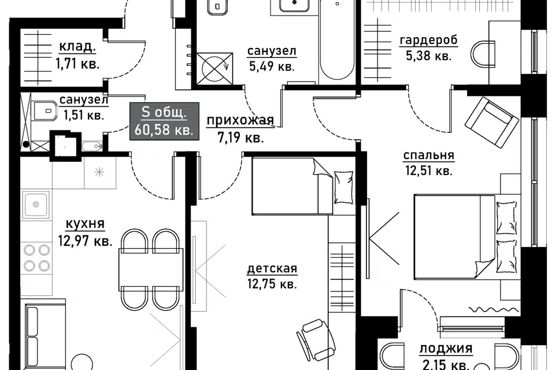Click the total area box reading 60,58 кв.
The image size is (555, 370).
tap(164, 121)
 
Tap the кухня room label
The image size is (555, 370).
tap(86, 224)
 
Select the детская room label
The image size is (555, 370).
tap(272, 268)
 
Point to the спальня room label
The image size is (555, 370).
tap(428, 155)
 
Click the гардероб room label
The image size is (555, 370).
tap(428, 40)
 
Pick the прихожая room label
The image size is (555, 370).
tap(240, 120)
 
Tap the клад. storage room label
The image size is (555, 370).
tap(77, 46)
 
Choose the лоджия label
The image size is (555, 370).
tap(446, 349)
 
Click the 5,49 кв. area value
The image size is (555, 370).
tap(272, 66)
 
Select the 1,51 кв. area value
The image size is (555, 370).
tap(83, 115)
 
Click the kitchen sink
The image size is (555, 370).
tap(35, 205)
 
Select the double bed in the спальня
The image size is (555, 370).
tap(466, 236)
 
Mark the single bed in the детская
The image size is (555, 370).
tap(303, 186)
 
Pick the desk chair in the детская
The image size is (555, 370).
tap(315, 339)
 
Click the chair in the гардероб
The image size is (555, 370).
tap(483, 54)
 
